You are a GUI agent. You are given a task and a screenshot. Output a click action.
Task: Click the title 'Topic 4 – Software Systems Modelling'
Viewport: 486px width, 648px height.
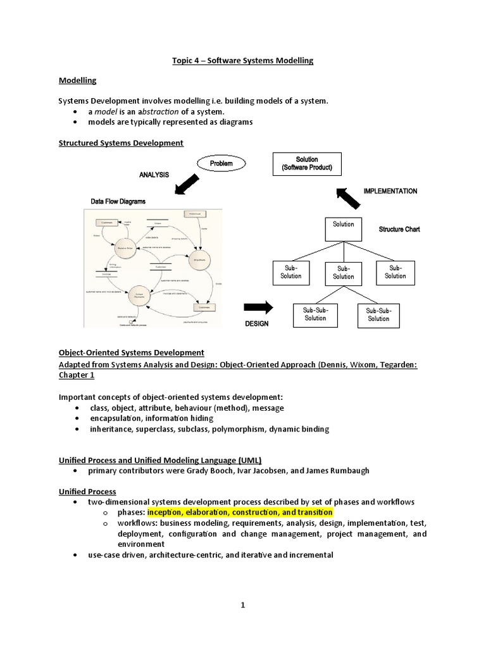tap(242, 61)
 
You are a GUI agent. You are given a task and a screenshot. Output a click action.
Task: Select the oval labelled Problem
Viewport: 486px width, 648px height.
tap(221, 163)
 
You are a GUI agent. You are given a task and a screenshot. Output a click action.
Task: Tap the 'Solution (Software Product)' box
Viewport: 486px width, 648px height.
tap(306, 165)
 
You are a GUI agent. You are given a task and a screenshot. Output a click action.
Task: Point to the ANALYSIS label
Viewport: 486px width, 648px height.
tap(153, 175)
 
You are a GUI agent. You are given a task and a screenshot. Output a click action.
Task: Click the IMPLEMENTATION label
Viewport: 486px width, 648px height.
tap(390, 191)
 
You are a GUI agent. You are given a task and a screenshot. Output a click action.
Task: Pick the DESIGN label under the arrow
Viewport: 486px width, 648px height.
tap(256, 323)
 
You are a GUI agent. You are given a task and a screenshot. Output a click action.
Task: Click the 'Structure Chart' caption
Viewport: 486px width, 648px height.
tap(399, 229)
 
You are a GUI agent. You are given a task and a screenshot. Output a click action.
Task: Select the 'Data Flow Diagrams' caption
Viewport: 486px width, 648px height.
tap(118, 201)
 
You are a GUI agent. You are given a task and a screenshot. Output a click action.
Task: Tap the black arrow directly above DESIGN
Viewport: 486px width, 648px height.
tap(258, 308)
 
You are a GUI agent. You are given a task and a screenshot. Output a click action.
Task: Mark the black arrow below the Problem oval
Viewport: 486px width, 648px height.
tap(187, 185)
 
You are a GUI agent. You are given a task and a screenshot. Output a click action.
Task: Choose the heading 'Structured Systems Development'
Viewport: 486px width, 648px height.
tap(121, 143)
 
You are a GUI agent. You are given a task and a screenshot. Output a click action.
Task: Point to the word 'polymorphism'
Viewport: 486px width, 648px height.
tap(240, 429)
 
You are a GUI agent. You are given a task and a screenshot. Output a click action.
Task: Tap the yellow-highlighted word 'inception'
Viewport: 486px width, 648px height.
tap(165, 512)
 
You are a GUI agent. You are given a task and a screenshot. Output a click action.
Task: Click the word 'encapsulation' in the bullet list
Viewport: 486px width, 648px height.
tap(115, 418)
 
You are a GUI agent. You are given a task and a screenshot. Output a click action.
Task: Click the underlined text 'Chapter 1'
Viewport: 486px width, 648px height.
tap(76, 375)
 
